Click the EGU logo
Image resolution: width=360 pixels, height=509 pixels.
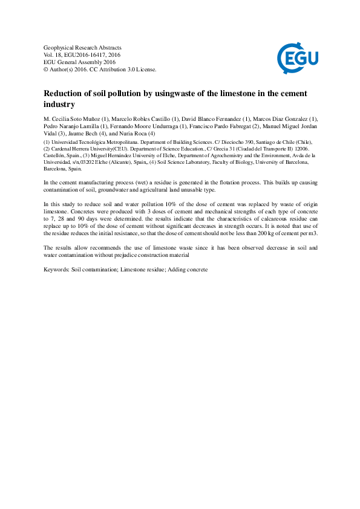[297, 58]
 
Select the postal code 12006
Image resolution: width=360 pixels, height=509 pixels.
[301, 148]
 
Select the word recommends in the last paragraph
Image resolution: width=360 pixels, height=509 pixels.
[106, 248]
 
